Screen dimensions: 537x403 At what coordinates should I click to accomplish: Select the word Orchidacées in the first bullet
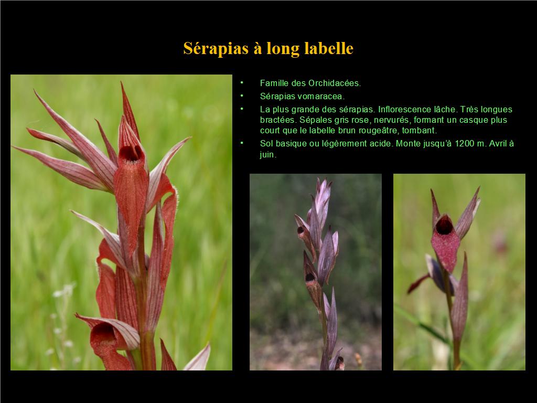pos(334,83)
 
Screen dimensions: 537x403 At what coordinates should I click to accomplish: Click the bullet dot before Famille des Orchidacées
pos(242,82)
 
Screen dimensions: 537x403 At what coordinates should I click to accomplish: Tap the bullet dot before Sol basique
pos(242,143)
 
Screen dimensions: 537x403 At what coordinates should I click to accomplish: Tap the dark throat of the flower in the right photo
pos(444,226)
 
